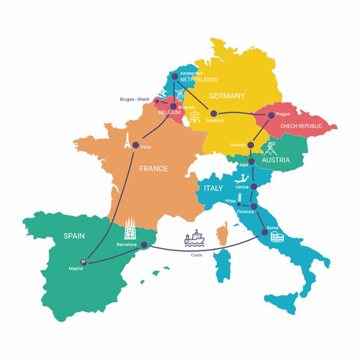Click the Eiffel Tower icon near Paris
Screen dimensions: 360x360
point(128,139)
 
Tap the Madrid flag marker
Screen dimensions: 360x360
point(83,262)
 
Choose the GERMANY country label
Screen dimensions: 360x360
point(226,95)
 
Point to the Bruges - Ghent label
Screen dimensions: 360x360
point(135,99)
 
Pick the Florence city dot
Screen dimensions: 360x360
point(253,206)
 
